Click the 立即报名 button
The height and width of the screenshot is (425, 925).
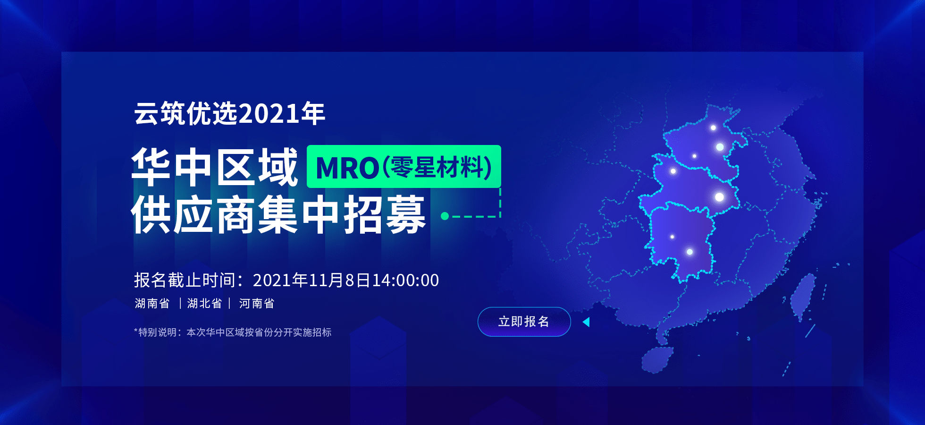pyautogui.click(x=524, y=322)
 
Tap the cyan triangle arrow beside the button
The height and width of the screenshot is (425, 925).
pyautogui.click(x=586, y=322)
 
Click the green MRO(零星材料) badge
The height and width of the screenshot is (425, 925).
pyautogui.click(x=404, y=167)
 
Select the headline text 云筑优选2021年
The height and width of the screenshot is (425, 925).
pyautogui.click(x=229, y=114)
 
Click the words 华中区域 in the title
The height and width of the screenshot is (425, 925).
pyautogui.click(x=215, y=167)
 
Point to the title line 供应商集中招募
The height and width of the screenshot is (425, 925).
pyautogui.click(x=278, y=215)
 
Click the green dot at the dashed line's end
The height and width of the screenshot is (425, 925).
pyautogui.click(x=445, y=216)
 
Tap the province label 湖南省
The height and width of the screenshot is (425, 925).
pyautogui.click(x=152, y=303)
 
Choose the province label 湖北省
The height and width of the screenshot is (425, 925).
pyautogui.click(x=204, y=303)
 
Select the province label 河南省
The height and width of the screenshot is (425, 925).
pyautogui.click(x=257, y=303)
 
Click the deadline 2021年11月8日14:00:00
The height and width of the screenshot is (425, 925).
pyautogui.click(x=346, y=280)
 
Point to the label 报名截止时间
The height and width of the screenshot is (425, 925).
pyautogui.click(x=185, y=280)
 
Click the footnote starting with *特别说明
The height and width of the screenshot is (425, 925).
pyautogui.click(x=233, y=332)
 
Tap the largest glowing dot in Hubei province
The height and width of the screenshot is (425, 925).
pyautogui.click(x=719, y=197)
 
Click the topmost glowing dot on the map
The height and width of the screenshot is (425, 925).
pyautogui.click(x=713, y=127)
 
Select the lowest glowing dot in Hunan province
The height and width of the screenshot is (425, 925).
pyautogui.click(x=690, y=252)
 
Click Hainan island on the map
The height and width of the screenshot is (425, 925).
pyautogui.click(x=657, y=359)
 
